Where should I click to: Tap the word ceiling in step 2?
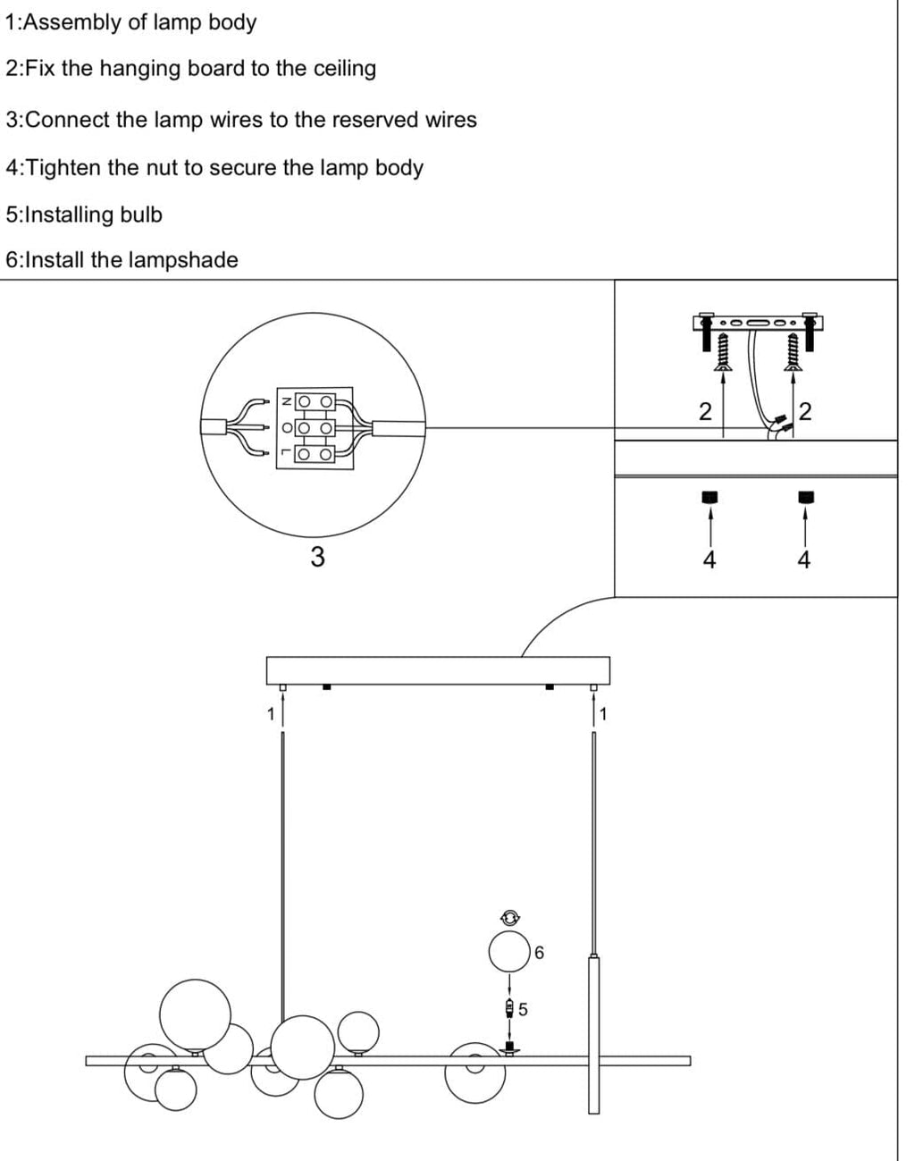click(344, 69)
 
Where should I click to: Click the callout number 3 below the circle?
click(317, 557)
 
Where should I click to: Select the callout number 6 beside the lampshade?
click(539, 953)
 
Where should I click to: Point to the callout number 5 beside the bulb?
click(524, 1009)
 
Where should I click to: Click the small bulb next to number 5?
click(509, 1009)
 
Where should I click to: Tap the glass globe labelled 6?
click(509, 951)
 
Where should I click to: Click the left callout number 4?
click(709, 560)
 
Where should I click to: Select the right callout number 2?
click(805, 411)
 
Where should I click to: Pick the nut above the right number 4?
click(804, 497)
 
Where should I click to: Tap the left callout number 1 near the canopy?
click(270, 713)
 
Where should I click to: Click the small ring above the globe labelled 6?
click(509, 916)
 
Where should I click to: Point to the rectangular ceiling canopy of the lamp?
click(438, 670)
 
